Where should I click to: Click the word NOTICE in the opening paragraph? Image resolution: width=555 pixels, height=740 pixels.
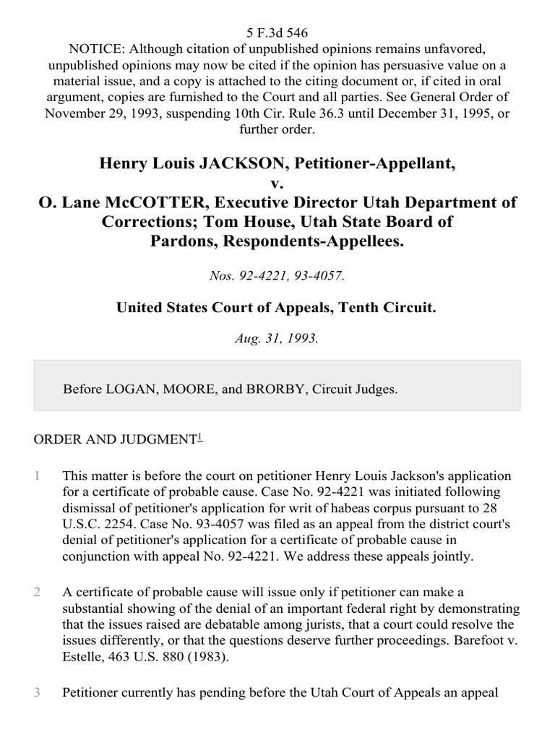click(x=95, y=48)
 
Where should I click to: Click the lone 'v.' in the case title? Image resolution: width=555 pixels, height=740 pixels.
click(x=277, y=184)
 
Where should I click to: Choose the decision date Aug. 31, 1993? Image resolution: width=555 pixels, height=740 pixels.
click(x=277, y=338)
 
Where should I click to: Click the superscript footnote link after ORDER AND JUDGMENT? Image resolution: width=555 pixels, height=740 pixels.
click(x=200, y=436)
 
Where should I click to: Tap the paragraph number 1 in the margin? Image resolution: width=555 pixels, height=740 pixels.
click(x=36, y=476)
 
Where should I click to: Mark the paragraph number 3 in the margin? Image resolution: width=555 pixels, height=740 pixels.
click(x=36, y=692)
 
